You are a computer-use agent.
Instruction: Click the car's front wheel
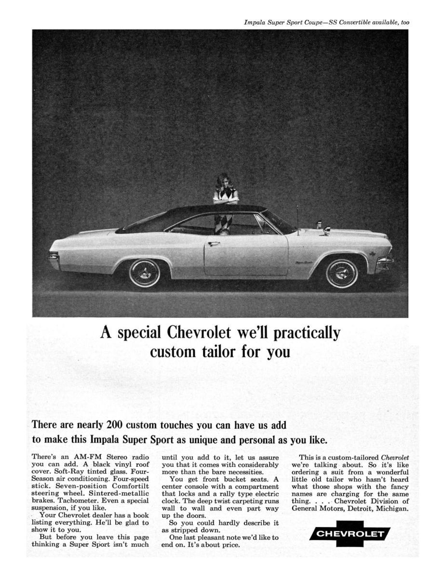pos(341,273)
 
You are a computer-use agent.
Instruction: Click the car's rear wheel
pos(145,273)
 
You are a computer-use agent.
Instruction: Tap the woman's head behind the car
pos(225,181)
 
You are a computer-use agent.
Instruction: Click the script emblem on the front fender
pos(305,263)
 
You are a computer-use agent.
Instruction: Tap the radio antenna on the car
pos(298,220)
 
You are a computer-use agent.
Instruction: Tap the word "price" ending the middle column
pos(229,545)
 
